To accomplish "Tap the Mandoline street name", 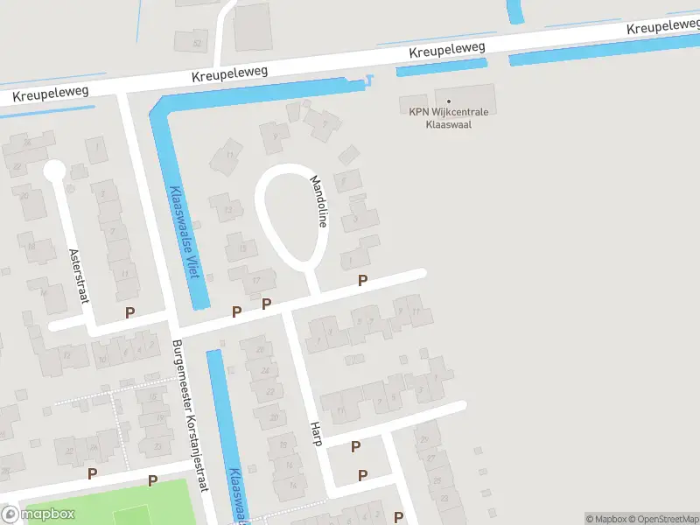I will point(318,201).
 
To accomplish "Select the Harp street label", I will point(316,433).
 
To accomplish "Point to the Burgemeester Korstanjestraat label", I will point(190,416).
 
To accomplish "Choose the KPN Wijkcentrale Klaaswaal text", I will point(449,118).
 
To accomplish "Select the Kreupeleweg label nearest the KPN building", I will point(447,53).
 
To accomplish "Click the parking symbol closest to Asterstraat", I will point(130,312).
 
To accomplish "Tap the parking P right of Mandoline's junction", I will point(362,280).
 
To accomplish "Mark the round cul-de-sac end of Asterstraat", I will point(54,170).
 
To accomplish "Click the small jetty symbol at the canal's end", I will point(370,80).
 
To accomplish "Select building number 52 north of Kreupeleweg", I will point(198,43).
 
